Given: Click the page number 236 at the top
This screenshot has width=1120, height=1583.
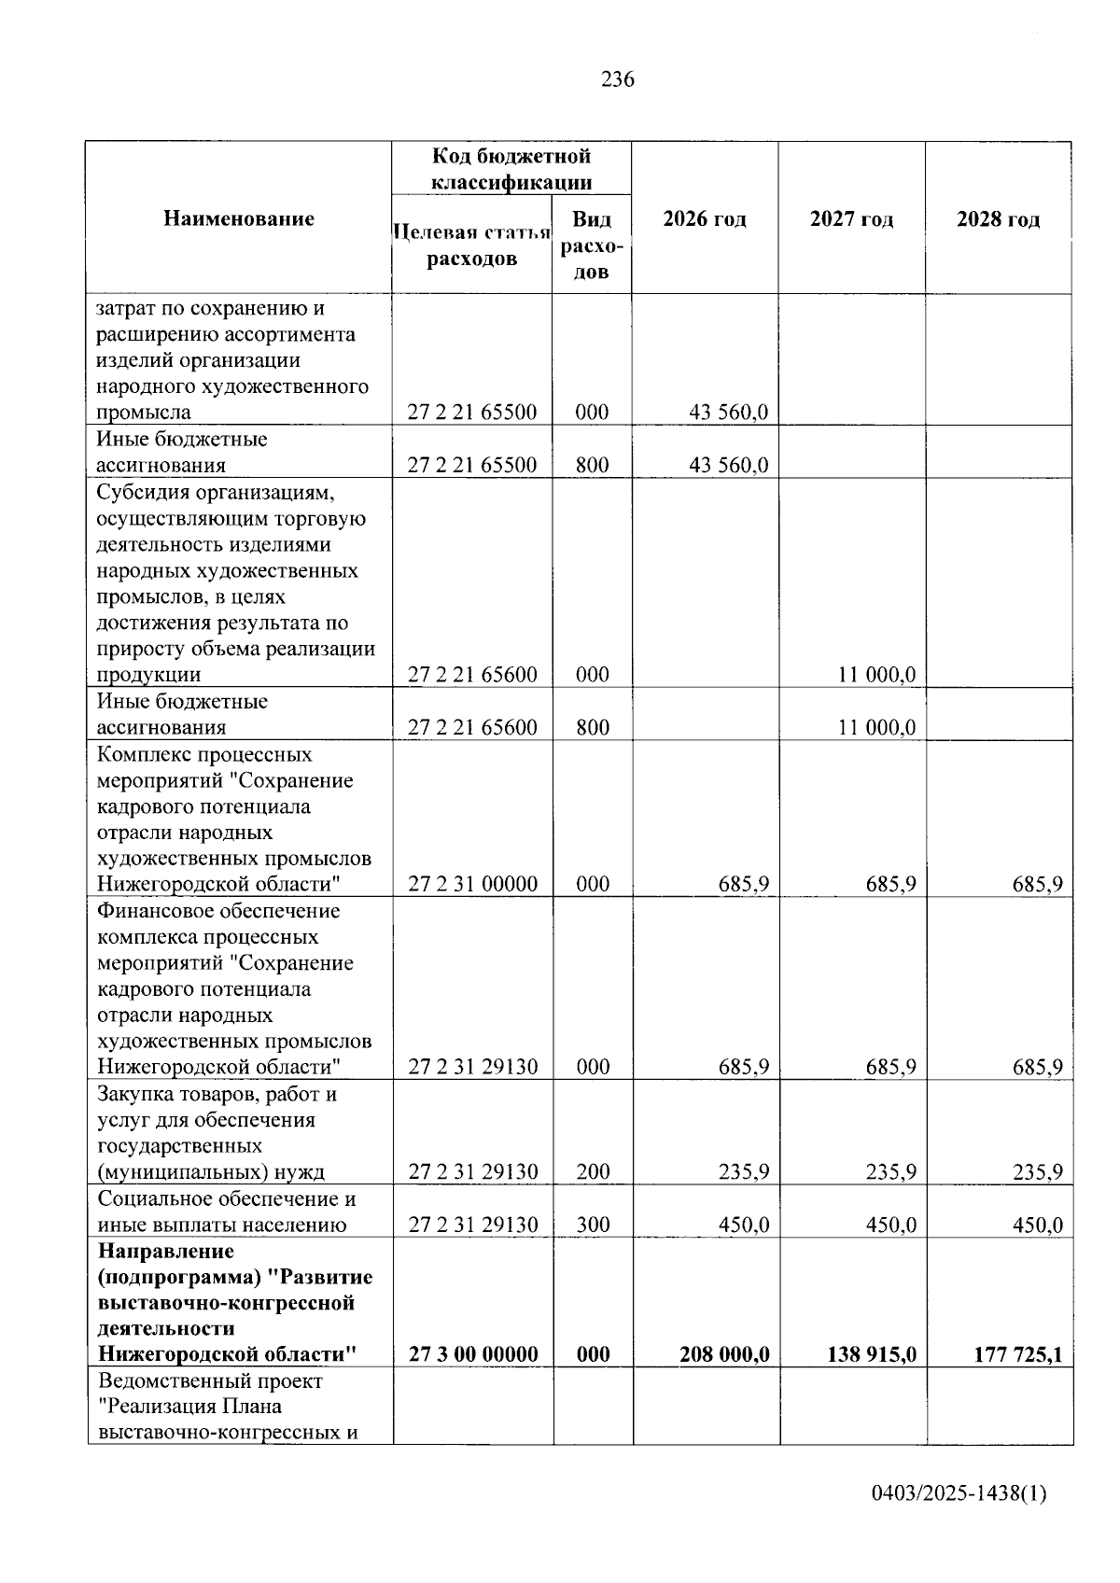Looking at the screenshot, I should click(x=617, y=79).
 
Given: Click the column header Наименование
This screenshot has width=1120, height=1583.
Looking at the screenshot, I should click(x=239, y=218).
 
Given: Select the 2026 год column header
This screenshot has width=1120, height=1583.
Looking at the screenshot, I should click(x=705, y=219).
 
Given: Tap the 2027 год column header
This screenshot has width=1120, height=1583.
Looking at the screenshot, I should click(x=851, y=219).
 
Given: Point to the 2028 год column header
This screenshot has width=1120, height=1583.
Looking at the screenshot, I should click(x=998, y=219).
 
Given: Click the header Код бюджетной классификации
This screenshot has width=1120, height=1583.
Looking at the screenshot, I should click(x=511, y=169).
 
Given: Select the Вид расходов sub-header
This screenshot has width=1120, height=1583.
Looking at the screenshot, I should click(x=591, y=245).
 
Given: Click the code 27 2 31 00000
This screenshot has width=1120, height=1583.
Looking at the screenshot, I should click(x=472, y=884).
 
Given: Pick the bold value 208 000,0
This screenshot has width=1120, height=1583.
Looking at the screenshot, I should click(x=724, y=1354).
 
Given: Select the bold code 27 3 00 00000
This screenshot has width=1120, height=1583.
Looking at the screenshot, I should click(x=472, y=1354).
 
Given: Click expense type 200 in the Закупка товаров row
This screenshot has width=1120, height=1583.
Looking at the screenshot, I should click(x=593, y=1171).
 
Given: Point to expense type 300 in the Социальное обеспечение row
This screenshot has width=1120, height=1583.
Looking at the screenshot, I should click(x=593, y=1225).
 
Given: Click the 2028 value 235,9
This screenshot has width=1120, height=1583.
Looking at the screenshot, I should click(x=1037, y=1171).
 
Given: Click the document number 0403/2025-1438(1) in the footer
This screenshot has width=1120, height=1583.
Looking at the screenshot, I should click(x=959, y=1493).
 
